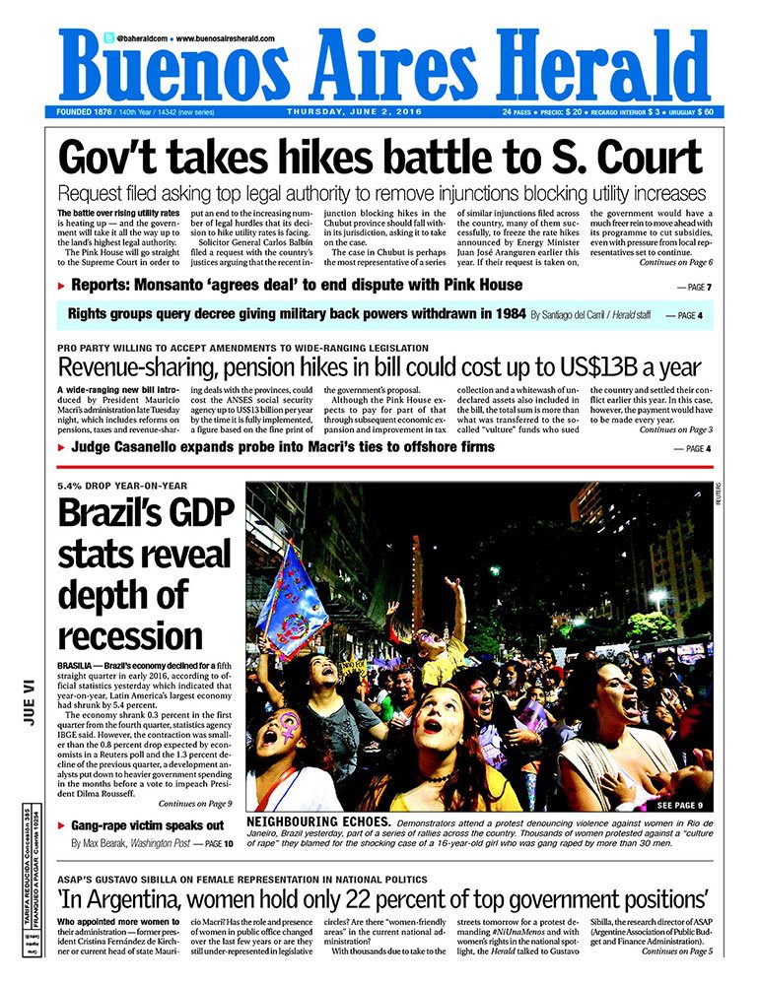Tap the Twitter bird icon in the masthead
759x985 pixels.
point(107,37)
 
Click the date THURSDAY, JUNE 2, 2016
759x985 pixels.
point(354,111)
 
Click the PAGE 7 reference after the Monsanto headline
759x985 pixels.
point(693,287)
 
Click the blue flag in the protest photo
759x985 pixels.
point(296,600)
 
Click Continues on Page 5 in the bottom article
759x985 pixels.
point(675,952)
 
